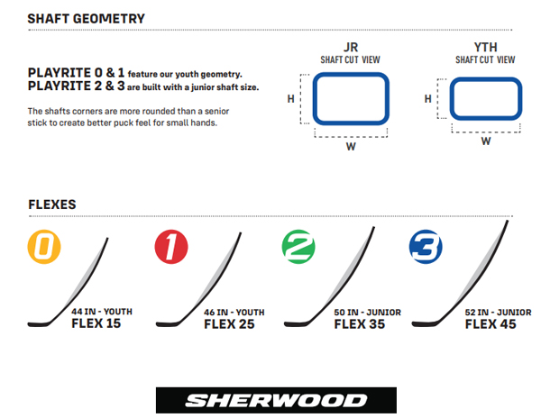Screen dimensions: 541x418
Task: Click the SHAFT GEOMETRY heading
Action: [x=87, y=19]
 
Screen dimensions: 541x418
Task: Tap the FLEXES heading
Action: [x=52, y=204]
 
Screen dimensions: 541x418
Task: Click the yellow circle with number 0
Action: [x=44, y=247]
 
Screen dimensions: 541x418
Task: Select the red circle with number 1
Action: [x=171, y=247]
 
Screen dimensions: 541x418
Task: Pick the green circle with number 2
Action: [x=298, y=247]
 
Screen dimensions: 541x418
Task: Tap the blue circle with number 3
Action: [x=426, y=247]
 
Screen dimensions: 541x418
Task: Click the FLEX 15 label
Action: [x=96, y=323]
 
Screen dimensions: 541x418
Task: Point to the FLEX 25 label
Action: [x=229, y=324]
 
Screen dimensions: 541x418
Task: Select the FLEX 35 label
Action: [x=359, y=324]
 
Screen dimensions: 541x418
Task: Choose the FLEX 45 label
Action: [x=491, y=324]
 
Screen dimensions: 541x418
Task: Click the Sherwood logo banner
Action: [x=276, y=400]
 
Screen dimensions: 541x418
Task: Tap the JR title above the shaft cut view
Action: [x=351, y=47]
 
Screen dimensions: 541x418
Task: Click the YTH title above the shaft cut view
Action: [x=485, y=47]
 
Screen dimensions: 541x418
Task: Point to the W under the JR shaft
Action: [x=351, y=147]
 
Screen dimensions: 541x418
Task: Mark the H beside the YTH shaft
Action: [x=427, y=99]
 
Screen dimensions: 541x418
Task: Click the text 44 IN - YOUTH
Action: [x=102, y=312]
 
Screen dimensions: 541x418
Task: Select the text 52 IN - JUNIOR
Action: [x=498, y=313]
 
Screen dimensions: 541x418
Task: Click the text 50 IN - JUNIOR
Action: [x=368, y=313]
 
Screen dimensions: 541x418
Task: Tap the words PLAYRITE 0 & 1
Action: [x=76, y=73]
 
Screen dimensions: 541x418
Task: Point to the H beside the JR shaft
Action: [x=291, y=99]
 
